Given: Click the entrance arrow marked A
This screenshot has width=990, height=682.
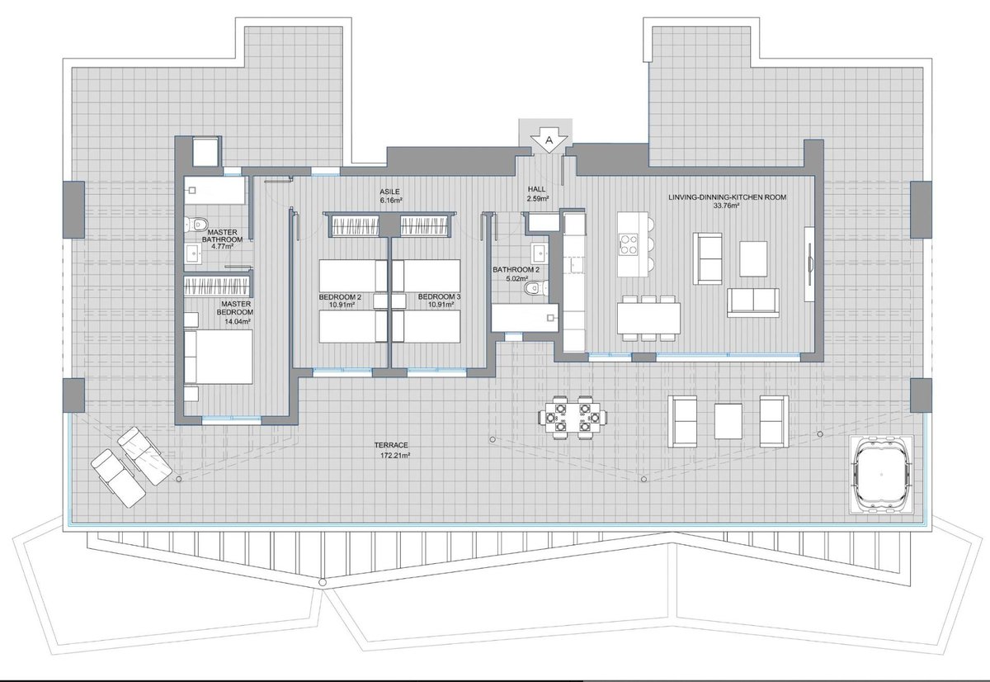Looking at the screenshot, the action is tap(549, 140).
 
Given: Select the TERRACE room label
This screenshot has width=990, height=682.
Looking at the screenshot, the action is tap(391, 445).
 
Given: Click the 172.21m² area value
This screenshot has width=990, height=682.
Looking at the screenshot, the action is tap(395, 455).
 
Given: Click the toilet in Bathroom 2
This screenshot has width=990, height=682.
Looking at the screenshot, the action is tap(535, 288).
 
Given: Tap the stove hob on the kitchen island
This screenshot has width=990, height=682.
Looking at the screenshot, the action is tap(629, 244).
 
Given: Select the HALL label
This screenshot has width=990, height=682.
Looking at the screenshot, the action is tap(536, 189).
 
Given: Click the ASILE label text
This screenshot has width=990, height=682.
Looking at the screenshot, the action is tap(389, 192).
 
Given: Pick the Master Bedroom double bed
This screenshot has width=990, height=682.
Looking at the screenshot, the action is tap(219, 357).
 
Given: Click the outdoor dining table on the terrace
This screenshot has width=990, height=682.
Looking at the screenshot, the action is tap(573, 417).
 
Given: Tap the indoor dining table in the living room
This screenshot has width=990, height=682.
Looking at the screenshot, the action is tap(648, 318).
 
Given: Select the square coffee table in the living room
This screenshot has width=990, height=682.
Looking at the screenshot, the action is tap(753, 258).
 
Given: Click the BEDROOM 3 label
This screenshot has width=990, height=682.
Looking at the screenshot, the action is tap(439, 296).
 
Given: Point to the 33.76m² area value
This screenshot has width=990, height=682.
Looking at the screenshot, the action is tap(727, 206).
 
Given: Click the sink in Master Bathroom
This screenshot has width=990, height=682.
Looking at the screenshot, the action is tap(193, 253).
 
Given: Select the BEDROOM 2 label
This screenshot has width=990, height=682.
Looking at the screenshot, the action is tap(340, 296).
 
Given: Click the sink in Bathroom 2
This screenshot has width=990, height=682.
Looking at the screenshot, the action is tap(540, 253).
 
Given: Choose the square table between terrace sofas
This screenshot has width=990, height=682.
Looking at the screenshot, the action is tap(728, 421).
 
